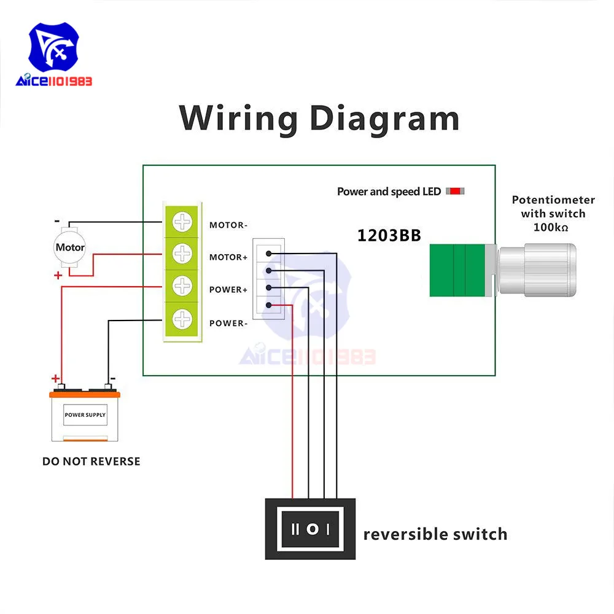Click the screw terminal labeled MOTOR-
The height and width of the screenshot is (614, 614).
tap(182, 222)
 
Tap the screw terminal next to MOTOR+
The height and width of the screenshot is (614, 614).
tap(182, 253)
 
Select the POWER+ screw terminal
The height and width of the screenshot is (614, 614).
tap(182, 286)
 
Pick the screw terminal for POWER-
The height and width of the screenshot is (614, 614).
tap(182, 318)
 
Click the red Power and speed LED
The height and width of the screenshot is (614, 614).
tap(455, 191)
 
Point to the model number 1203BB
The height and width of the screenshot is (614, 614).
tap(389, 236)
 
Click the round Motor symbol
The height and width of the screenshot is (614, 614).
tap(70, 248)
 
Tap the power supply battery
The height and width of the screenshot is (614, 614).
tap(85, 415)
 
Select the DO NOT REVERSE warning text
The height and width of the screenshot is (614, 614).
tap(91, 461)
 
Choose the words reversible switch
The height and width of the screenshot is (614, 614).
tap(435, 534)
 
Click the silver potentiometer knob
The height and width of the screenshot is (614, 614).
tap(537, 271)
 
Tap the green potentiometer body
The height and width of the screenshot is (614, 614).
tap(458, 271)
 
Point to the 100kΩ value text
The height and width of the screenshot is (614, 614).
tap(550, 227)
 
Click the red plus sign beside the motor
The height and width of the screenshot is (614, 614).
tap(58, 276)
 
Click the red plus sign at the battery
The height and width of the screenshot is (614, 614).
tap(55, 378)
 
